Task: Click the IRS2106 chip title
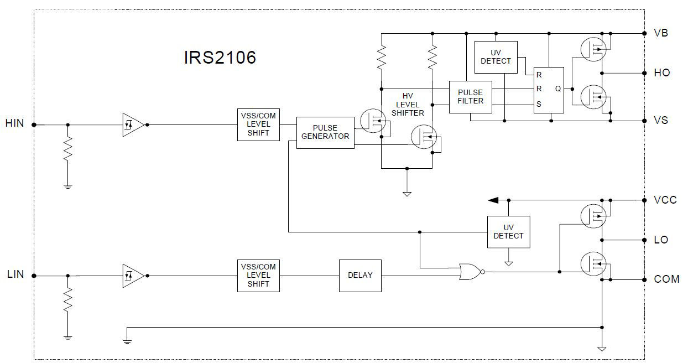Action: click(220, 58)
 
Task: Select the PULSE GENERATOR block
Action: click(325, 132)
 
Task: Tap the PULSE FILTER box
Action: click(470, 97)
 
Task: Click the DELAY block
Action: click(360, 275)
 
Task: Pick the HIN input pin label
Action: click(15, 123)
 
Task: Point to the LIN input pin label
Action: click(15, 274)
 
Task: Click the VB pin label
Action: click(661, 33)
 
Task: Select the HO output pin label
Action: click(661, 73)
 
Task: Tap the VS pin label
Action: click(661, 120)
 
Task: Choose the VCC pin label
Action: click(665, 200)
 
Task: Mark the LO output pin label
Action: click(661, 240)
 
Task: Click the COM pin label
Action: click(666, 279)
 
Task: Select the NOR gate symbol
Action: click(471, 271)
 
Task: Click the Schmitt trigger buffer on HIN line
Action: click(133, 125)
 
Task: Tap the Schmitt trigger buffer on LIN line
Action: click(133, 275)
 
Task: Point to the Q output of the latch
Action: click(557, 89)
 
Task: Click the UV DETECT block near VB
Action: click(496, 57)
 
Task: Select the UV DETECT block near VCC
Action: click(508, 231)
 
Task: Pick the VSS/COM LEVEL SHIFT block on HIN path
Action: click(258, 125)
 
